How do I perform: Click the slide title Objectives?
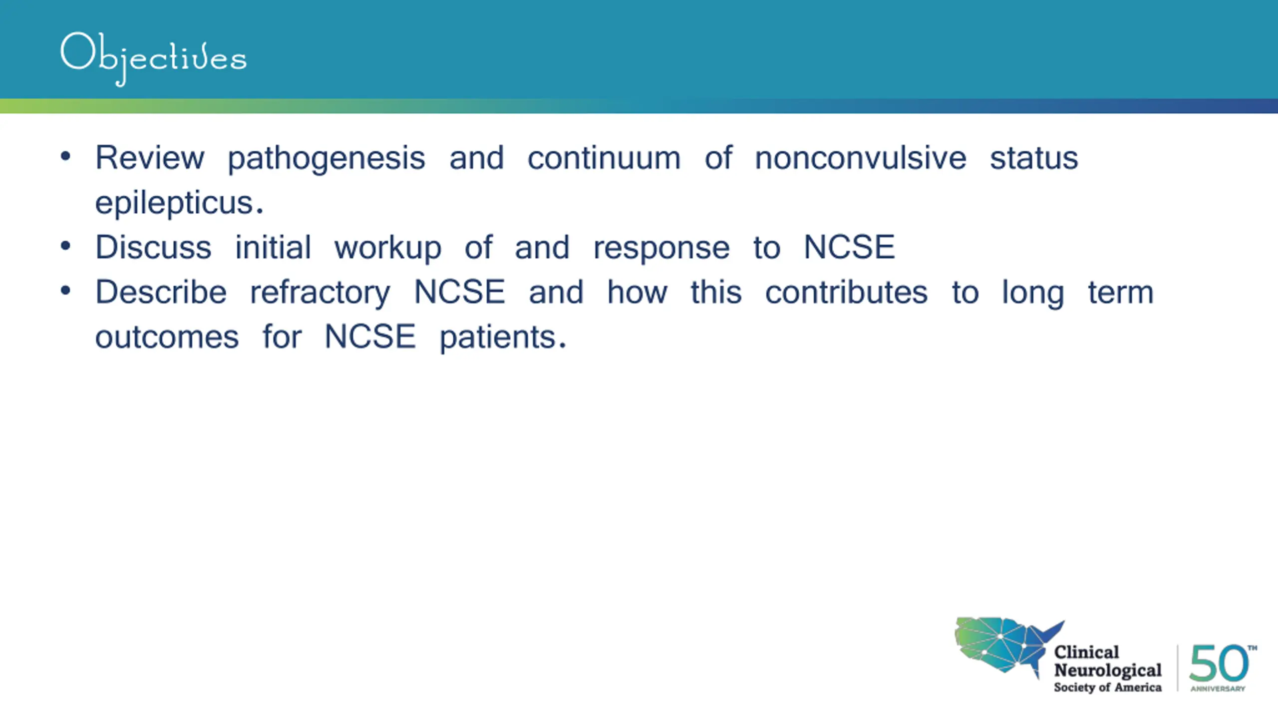coord(153,58)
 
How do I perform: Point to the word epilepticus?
coord(179,204)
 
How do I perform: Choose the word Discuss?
coord(153,247)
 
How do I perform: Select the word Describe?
coord(161,292)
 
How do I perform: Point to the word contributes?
coord(847,292)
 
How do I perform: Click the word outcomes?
coord(167,337)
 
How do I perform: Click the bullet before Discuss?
coord(65,246)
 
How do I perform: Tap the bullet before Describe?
coord(65,291)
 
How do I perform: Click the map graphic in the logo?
coord(1008,647)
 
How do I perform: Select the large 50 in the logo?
coord(1219,663)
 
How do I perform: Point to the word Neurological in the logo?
coord(1108,670)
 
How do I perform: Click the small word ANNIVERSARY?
coord(1218,689)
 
